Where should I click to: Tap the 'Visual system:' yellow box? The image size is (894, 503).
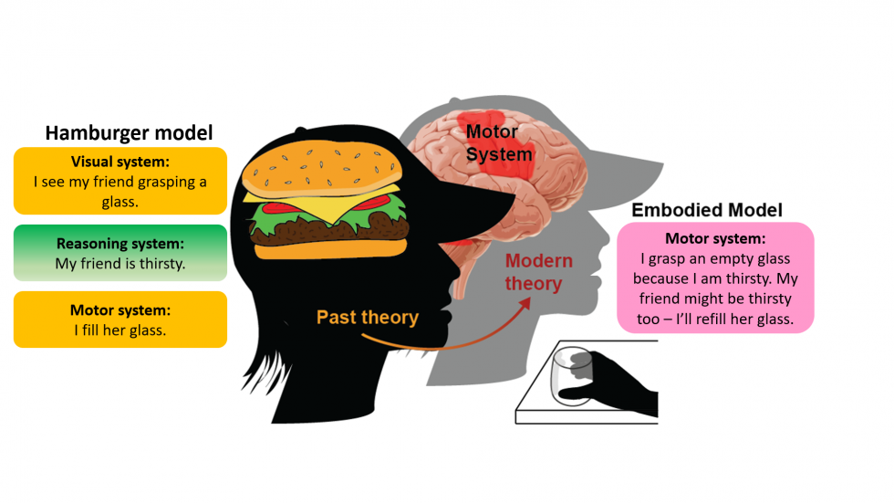click(x=120, y=180)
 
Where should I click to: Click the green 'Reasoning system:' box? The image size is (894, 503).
click(x=120, y=253)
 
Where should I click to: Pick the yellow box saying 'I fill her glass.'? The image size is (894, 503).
click(x=120, y=320)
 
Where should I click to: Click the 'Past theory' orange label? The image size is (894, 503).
click(x=367, y=318)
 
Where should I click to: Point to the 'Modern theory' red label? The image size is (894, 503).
click(x=538, y=272)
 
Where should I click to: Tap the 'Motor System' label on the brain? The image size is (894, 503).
click(x=497, y=143)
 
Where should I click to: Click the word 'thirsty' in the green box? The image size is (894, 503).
click(x=159, y=264)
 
